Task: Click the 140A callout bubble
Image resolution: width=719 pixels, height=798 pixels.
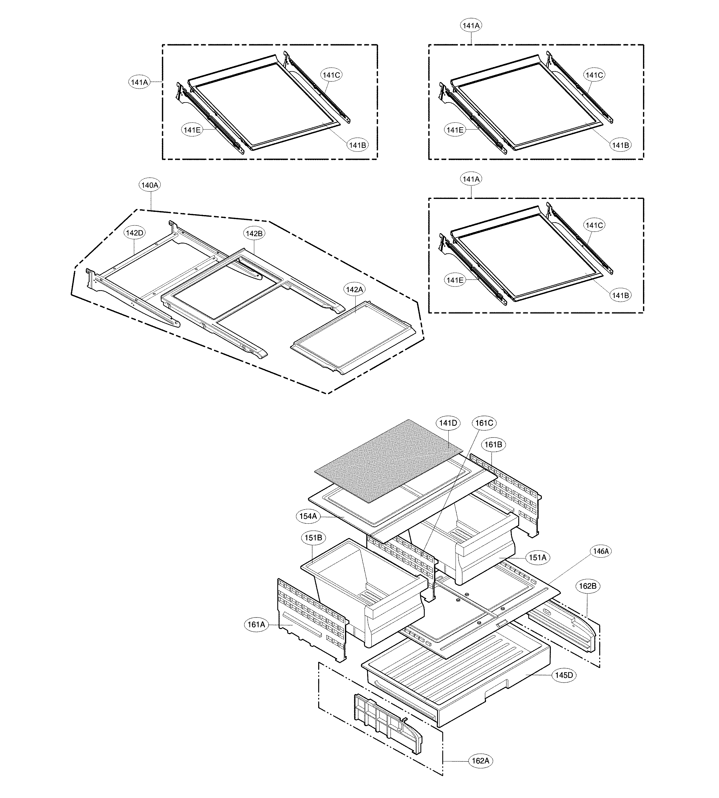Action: [150, 185]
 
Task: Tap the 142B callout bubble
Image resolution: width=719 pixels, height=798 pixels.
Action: [254, 233]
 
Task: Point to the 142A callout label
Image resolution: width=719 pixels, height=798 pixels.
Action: [354, 290]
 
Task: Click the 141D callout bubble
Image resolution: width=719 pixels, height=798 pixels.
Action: [448, 423]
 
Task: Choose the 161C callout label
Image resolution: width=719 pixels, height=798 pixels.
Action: [484, 423]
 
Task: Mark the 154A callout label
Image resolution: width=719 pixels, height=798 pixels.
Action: [308, 516]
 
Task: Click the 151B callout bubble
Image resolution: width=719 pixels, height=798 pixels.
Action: [313, 538]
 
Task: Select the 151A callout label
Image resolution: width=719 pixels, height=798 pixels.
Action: [537, 557]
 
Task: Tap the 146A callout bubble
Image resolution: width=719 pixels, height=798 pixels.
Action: [600, 551]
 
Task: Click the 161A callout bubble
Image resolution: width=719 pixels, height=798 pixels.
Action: [256, 625]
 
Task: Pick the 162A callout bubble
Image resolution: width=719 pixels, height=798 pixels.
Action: [480, 761]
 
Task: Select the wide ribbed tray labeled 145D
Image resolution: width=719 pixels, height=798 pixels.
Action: [454, 679]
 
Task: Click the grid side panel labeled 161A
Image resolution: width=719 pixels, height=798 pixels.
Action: [312, 620]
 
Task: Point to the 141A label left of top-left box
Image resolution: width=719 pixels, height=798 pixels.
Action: [139, 82]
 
